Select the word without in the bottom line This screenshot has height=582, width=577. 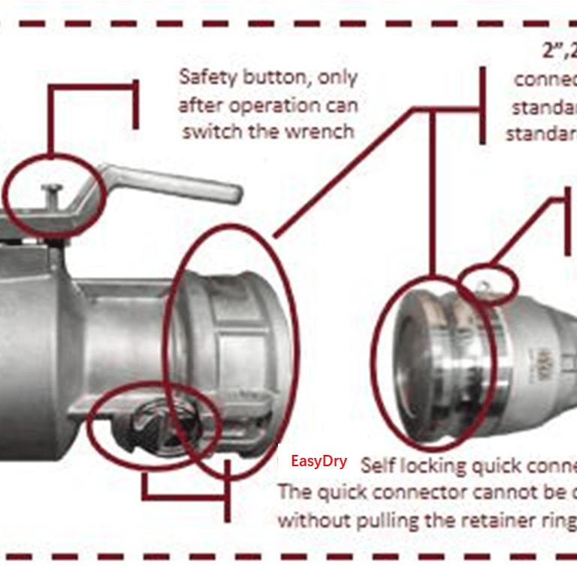point(309,519)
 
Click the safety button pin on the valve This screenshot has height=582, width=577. point(50,190)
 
